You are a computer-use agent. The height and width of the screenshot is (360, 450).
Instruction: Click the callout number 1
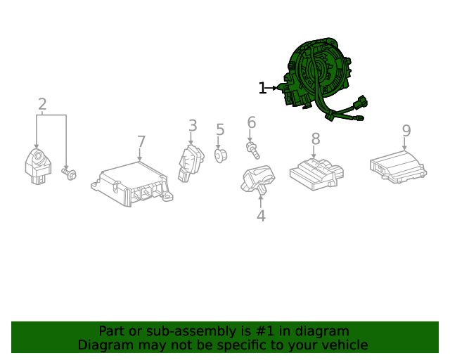point(262,88)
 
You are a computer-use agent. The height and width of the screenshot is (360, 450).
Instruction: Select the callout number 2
point(42,104)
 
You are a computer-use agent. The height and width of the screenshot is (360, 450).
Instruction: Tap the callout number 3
point(193,126)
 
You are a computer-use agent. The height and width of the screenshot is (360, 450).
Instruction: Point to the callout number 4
point(261,216)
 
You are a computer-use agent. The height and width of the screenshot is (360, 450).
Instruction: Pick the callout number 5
point(220,129)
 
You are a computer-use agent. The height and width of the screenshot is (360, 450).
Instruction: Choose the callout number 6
point(252,122)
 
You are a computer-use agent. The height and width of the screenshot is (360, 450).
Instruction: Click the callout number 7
point(141,141)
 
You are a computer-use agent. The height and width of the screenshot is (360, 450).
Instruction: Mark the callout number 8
point(316,139)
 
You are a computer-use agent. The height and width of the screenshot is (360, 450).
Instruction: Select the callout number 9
point(406,131)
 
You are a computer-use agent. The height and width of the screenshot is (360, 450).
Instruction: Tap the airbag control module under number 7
point(132,184)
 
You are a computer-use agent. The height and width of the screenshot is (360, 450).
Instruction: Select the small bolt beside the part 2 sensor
point(69,174)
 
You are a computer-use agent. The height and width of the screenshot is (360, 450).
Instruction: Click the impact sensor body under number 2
point(39,167)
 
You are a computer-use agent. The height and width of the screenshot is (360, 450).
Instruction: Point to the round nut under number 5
point(220,156)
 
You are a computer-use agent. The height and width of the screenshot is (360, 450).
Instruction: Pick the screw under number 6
point(253,150)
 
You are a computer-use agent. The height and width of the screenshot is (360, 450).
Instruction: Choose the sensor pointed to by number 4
point(257,179)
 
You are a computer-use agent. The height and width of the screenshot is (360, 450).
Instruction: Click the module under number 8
point(316,174)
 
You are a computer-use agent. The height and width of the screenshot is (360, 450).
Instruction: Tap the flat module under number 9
point(398,167)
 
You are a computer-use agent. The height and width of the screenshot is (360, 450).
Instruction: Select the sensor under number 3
point(191,163)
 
